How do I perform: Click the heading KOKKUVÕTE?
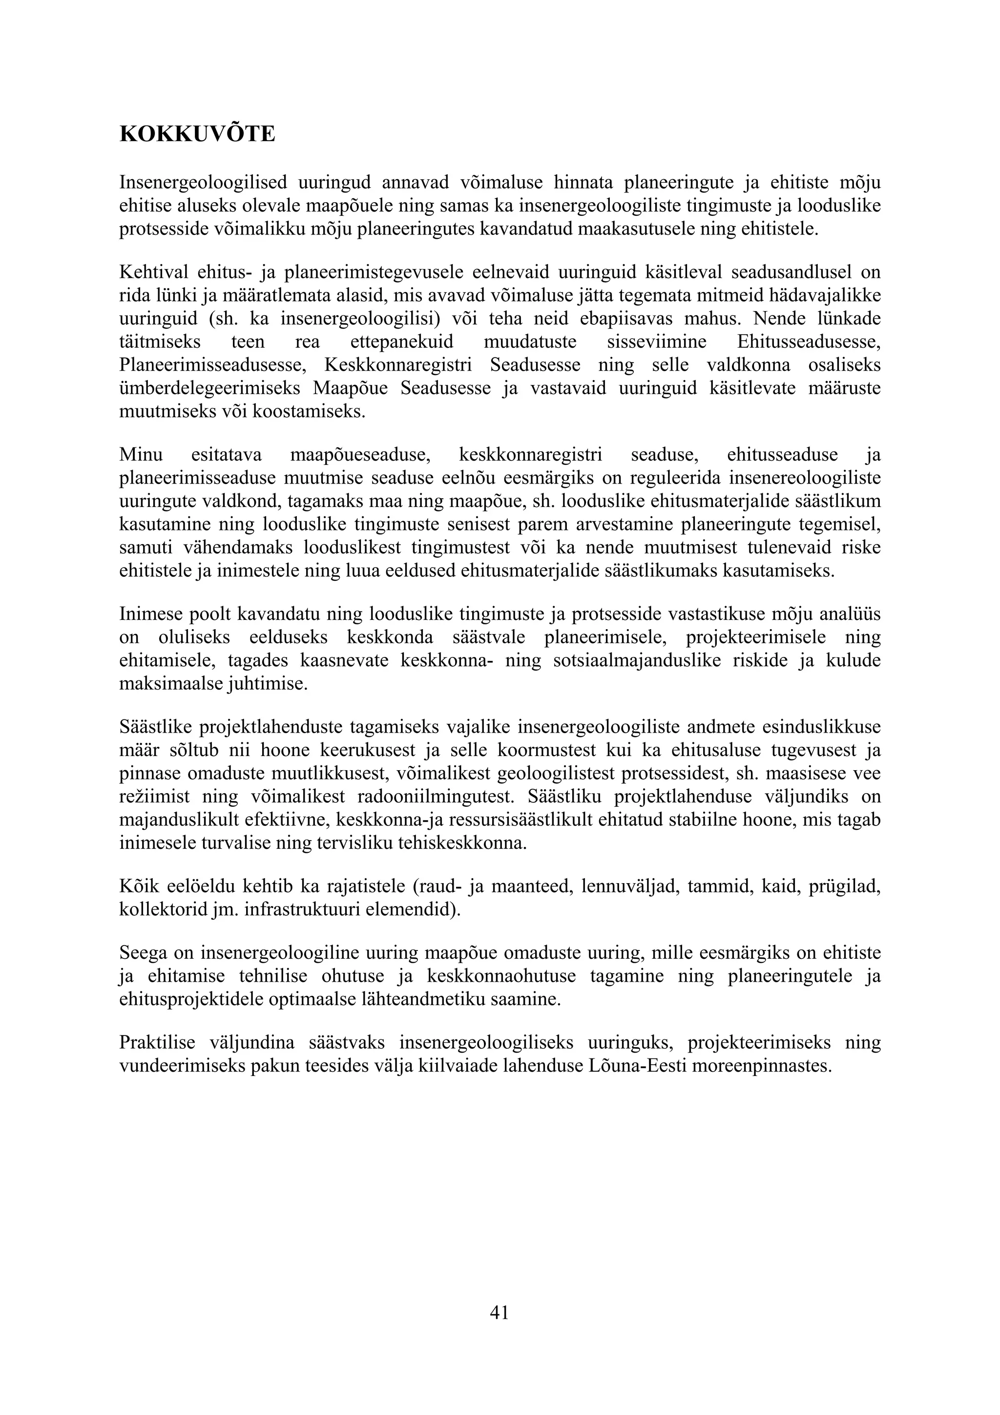click(197, 134)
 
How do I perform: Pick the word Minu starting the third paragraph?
click(141, 455)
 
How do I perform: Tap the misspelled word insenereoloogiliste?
click(805, 478)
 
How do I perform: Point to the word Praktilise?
click(157, 1043)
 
